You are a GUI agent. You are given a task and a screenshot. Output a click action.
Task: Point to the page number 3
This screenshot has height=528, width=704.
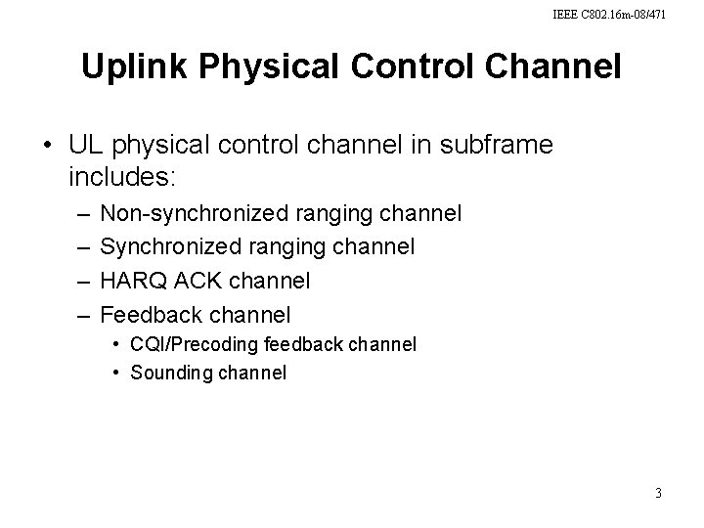(658, 493)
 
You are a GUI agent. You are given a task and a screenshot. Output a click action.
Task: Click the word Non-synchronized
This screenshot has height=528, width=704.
(192, 212)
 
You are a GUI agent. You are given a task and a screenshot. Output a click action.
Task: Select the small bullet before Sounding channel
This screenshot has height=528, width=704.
(115, 373)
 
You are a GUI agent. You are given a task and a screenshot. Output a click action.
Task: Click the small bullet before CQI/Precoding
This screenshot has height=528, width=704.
(115, 344)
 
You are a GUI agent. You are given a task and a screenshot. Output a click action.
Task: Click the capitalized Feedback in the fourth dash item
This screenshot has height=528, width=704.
(146, 315)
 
